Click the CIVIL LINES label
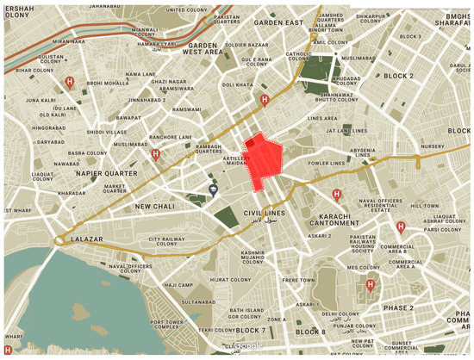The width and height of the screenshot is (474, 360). (263, 212)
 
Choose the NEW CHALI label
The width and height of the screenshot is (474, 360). (153, 207)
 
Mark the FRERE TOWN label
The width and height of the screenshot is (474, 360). (298, 281)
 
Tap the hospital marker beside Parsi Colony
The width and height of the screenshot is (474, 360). (401, 227)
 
